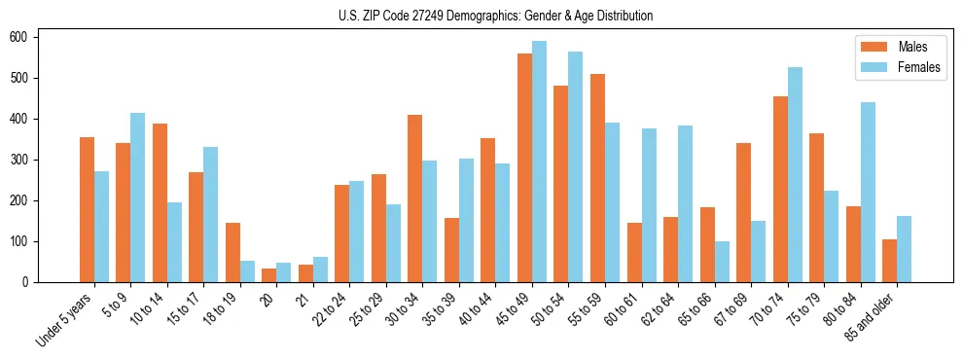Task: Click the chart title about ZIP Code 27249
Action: point(481,16)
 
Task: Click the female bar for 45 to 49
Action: point(539,162)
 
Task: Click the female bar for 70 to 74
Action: point(795,174)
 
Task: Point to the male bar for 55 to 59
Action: point(597,178)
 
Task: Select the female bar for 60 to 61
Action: point(649,205)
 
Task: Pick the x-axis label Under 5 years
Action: point(65,318)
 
